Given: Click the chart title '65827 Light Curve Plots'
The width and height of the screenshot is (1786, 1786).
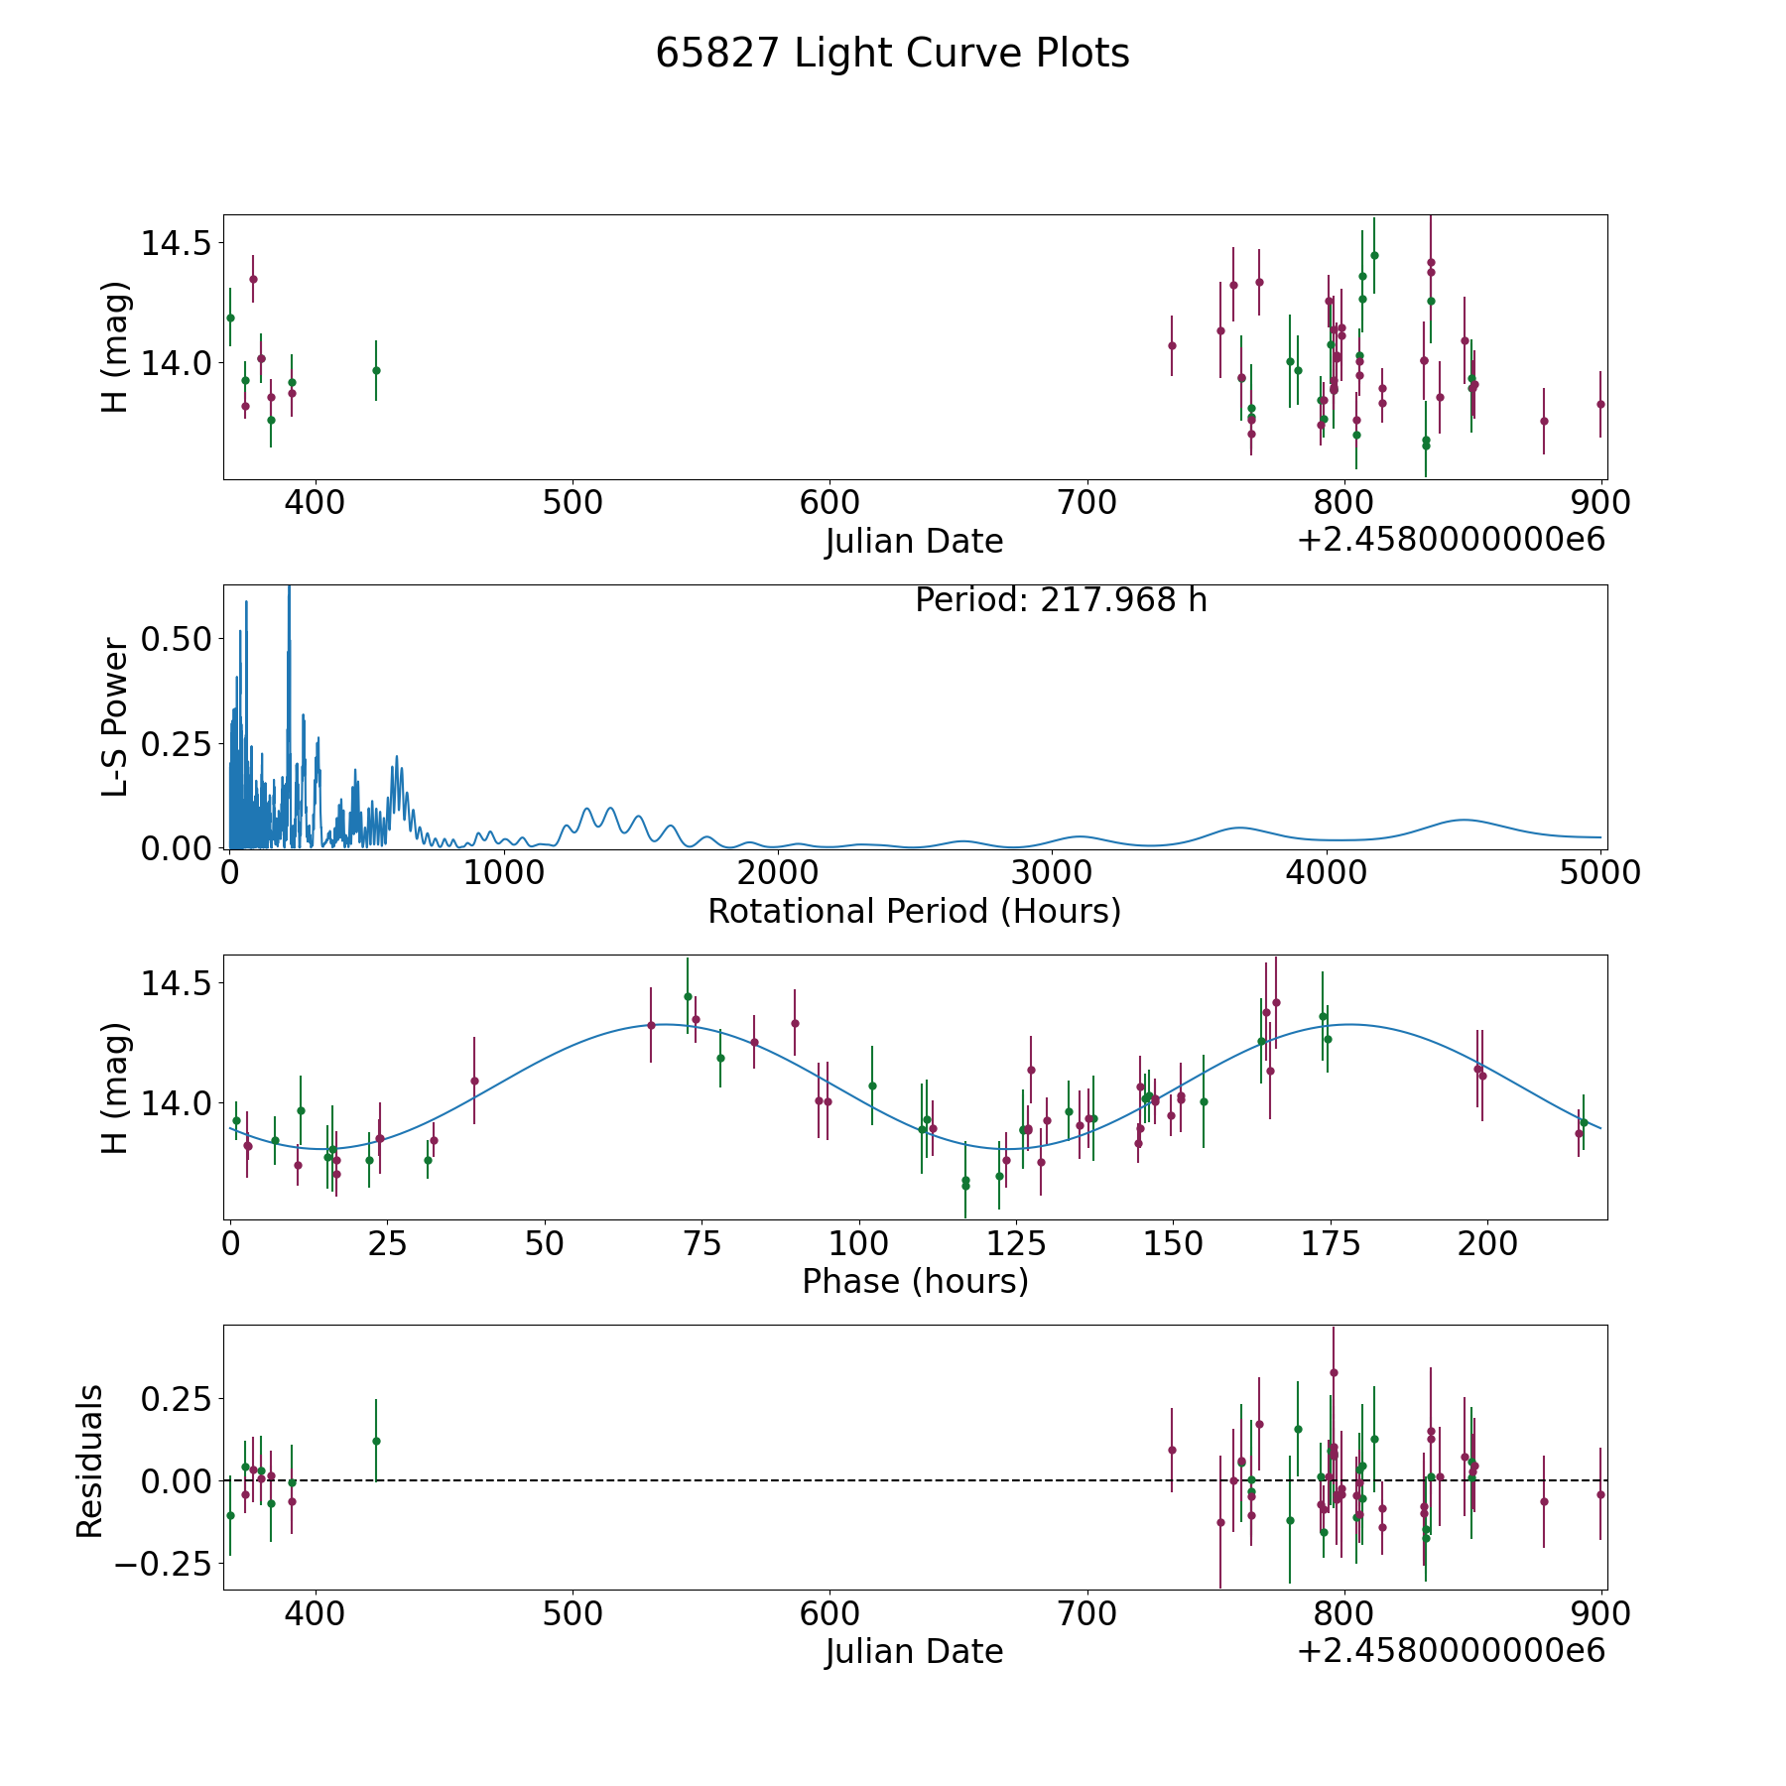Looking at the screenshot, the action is click(892, 54).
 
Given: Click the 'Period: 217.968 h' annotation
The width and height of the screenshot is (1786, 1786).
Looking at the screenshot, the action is click(1061, 600).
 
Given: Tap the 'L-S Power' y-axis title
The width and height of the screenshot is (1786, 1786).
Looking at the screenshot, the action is click(116, 716).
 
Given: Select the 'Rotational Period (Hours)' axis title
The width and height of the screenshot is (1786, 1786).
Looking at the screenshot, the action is click(914, 911).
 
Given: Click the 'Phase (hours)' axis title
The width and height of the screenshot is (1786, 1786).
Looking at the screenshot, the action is click(915, 1281).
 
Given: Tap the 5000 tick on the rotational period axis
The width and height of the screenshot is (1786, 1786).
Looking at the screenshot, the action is click(1600, 872).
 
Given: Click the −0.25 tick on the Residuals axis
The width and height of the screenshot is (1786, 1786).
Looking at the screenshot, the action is click(164, 1564).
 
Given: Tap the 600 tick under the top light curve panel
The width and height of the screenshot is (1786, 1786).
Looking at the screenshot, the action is click(829, 502).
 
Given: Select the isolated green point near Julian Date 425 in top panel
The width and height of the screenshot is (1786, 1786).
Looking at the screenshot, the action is click(376, 370).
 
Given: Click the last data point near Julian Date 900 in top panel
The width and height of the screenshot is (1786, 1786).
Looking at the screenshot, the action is click(1600, 404).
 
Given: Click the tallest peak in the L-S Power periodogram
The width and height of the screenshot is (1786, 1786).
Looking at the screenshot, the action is click(289, 587).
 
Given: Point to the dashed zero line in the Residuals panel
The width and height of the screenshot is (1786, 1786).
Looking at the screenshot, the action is click(915, 1480).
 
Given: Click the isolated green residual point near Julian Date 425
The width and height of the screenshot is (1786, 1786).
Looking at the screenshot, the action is click(376, 1441).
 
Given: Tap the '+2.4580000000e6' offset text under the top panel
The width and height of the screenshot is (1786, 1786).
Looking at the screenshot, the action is click(1451, 540).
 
